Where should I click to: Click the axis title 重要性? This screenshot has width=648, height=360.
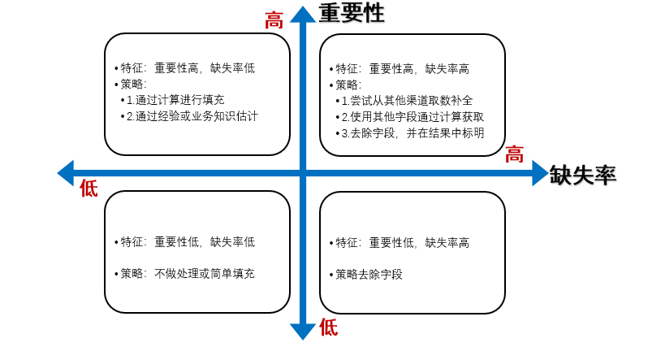click(x=351, y=13)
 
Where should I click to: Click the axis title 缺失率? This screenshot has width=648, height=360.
click(x=582, y=175)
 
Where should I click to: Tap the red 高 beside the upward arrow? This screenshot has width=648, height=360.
click(x=274, y=20)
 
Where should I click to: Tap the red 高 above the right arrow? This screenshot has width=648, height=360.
click(x=514, y=154)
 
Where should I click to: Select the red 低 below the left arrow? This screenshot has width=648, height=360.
click(x=89, y=189)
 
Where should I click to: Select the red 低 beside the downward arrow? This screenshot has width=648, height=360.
click(x=328, y=327)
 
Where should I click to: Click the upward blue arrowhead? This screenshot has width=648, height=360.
click(x=303, y=14)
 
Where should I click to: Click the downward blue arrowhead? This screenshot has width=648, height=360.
click(x=303, y=331)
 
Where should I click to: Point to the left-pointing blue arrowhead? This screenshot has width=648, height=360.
click(x=66, y=172)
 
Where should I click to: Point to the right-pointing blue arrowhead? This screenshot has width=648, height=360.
click(x=539, y=172)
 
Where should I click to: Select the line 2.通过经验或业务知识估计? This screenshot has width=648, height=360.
click(x=192, y=116)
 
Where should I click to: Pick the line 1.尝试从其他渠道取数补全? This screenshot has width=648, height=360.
click(x=409, y=101)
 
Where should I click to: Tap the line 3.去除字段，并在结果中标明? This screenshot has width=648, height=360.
click(x=412, y=132)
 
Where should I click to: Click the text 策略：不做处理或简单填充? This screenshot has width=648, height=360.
click(x=187, y=274)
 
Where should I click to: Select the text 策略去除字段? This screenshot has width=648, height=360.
click(x=369, y=275)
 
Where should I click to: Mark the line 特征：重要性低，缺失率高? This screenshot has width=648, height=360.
click(x=402, y=242)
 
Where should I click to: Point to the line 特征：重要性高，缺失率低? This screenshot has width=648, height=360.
click(x=188, y=68)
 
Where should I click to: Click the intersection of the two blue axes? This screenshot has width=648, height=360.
click(x=303, y=172)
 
